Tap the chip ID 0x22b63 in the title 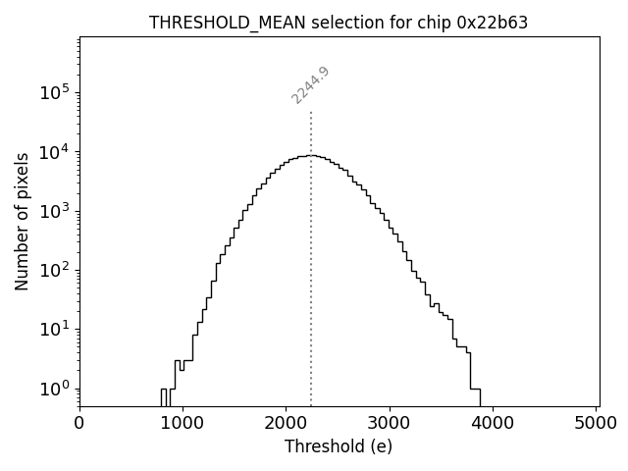point(493,23)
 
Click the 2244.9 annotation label point(310,85)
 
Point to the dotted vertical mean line point(311,245)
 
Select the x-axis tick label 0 point(79,424)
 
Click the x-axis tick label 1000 point(183,424)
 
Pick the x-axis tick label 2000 point(286,424)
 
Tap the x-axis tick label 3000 point(390,424)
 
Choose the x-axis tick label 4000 point(493,424)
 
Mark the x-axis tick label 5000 point(596,424)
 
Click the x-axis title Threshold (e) point(339,446)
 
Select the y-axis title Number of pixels point(22,222)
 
